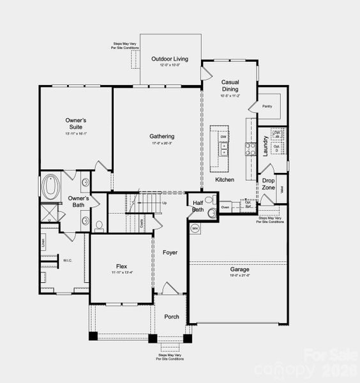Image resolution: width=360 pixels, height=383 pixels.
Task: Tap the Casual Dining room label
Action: coord(230,86)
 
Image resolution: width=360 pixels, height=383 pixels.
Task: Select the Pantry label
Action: coord(267,107)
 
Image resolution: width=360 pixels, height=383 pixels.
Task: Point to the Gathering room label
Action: coord(162,136)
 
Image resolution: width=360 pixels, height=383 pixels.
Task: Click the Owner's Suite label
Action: coord(75,123)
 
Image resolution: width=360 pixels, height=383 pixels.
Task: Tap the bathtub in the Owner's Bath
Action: coord(50,188)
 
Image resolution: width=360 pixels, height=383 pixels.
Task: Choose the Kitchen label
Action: coord(225,180)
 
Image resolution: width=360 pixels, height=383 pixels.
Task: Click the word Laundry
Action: coord(265,146)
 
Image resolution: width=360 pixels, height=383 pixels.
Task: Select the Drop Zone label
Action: coord(269,183)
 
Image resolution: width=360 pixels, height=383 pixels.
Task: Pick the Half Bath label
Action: coord(198,206)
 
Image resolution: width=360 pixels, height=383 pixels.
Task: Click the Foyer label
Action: coord(169,253)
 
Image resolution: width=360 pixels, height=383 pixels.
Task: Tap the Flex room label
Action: coord(121,266)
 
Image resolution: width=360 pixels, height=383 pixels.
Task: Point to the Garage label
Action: coord(240,269)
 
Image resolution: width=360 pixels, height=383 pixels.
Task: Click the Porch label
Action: coord(172,317)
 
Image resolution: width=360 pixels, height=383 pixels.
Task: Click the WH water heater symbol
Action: coord(195,227)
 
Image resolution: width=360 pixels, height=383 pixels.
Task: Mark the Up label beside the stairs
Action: coord(164,203)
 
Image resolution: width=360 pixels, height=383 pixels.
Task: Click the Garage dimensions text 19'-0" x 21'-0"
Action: coord(240,276)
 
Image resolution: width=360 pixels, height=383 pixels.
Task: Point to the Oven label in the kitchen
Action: coord(225,207)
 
